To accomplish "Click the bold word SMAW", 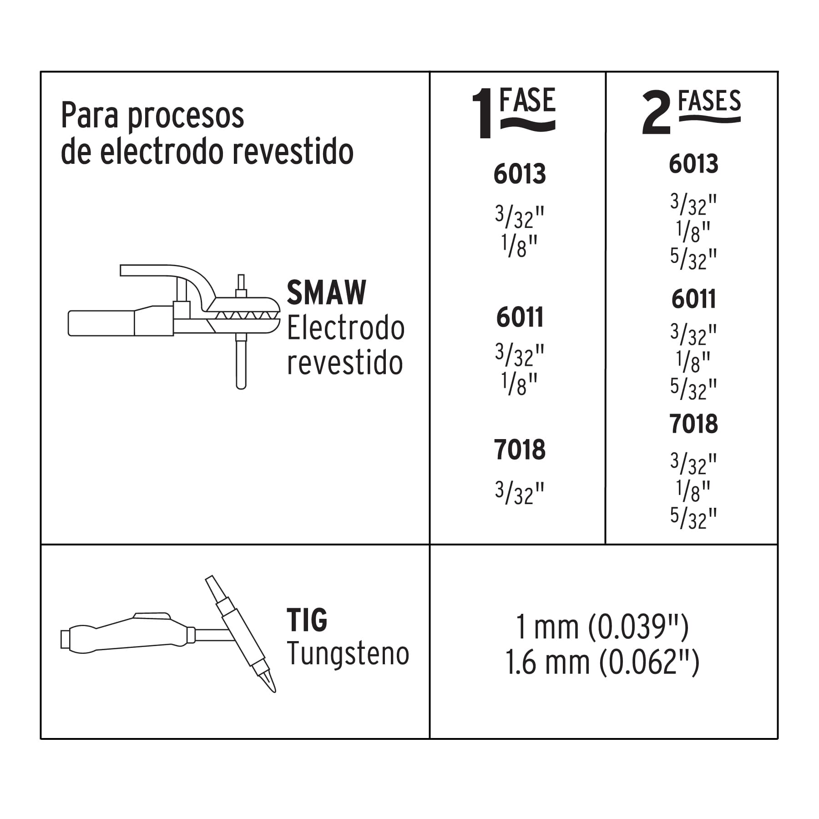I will point(326,293).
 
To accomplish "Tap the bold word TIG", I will point(307,620).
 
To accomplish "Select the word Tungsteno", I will point(348,654).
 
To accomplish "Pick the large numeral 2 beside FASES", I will point(656,113).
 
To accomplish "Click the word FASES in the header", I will point(709,101).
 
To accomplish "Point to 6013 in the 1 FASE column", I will point(520,174).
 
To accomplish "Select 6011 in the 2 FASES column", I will point(693,299).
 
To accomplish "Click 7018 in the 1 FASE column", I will point(520,450).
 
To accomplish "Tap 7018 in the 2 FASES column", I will point(693,424).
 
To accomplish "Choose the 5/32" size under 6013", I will point(693,259).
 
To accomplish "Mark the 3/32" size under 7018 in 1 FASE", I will point(520,493).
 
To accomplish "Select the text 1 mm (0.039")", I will point(602,627).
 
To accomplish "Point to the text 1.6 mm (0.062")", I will point(602,662).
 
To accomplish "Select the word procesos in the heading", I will point(185,116).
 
